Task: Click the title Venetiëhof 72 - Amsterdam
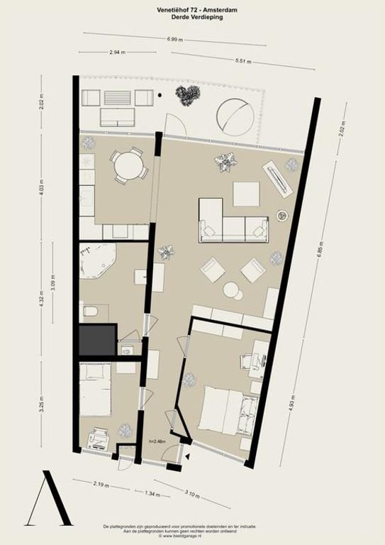coord(192,9)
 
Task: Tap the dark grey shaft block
coord(96,341)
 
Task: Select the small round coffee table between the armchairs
coord(231,289)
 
